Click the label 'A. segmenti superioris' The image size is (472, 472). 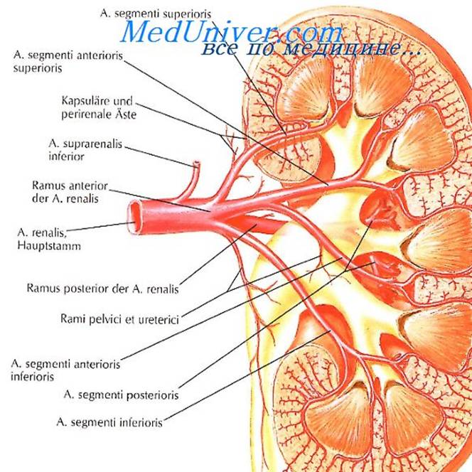click(156, 14)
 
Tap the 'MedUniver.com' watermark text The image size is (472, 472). click(231, 32)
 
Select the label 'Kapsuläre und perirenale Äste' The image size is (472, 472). click(99, 107)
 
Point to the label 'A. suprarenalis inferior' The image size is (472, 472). click(85, 150)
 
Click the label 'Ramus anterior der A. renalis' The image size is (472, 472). click(70, 192)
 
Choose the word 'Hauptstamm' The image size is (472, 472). click(49, 246)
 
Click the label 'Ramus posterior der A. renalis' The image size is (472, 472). click(103, 289)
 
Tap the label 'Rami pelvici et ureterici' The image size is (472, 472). click(120, 318)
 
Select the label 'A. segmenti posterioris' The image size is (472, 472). click(121, 395)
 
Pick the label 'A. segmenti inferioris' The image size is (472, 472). click(109, 422)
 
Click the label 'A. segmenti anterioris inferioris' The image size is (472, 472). click(65, 370)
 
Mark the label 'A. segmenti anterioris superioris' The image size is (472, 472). click(68, 62)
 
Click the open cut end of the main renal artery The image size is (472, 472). click(134, 218)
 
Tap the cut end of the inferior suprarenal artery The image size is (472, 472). click(196, 164)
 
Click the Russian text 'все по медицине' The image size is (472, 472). click(311, 48)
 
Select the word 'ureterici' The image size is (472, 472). click(159, 318)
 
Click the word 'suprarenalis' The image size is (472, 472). click(92, 144)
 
